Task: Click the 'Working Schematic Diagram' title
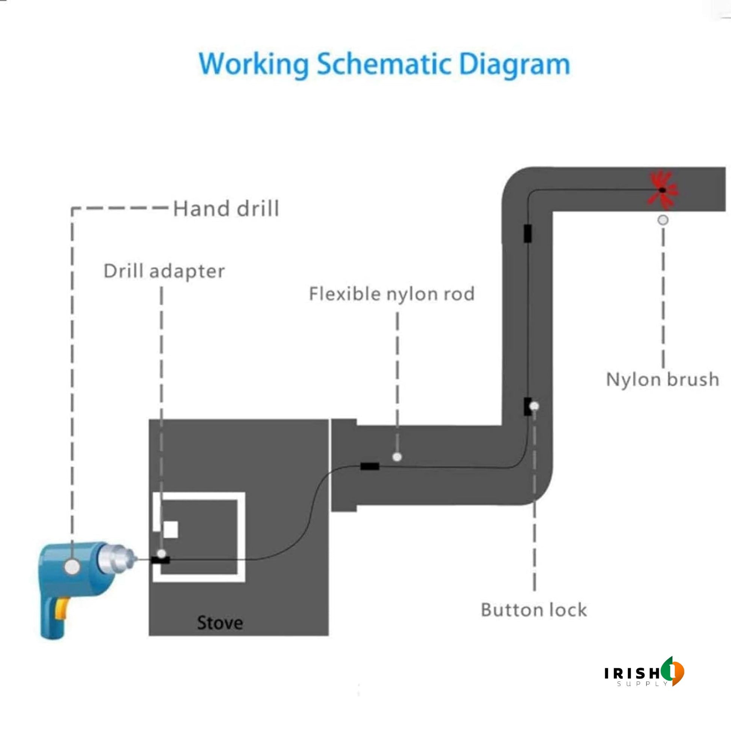click(x=384, y=65)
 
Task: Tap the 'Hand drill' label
click(x=226, y=208)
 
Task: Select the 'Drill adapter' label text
click(x=164, y=271)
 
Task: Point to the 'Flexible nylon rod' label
click(x=391, y=294)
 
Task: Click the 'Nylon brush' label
click(x=663, y=379)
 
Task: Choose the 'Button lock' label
click(x=533, y=610)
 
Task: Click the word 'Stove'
click(x=220, y=623)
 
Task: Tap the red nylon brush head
click(x=662, y=190)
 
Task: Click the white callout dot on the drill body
click(x=72, y=567)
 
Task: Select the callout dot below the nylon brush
click(x=663, y=220)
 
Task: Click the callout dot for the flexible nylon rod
click(x=397, y=457)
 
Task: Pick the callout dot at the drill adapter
click(x=162, y=554)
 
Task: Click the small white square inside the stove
click(x=170, y=529)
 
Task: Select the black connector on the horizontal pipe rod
click(x=370, y=466)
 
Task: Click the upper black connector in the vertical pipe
click(x=527, y=233)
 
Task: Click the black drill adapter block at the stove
click(x=160, y=560)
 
